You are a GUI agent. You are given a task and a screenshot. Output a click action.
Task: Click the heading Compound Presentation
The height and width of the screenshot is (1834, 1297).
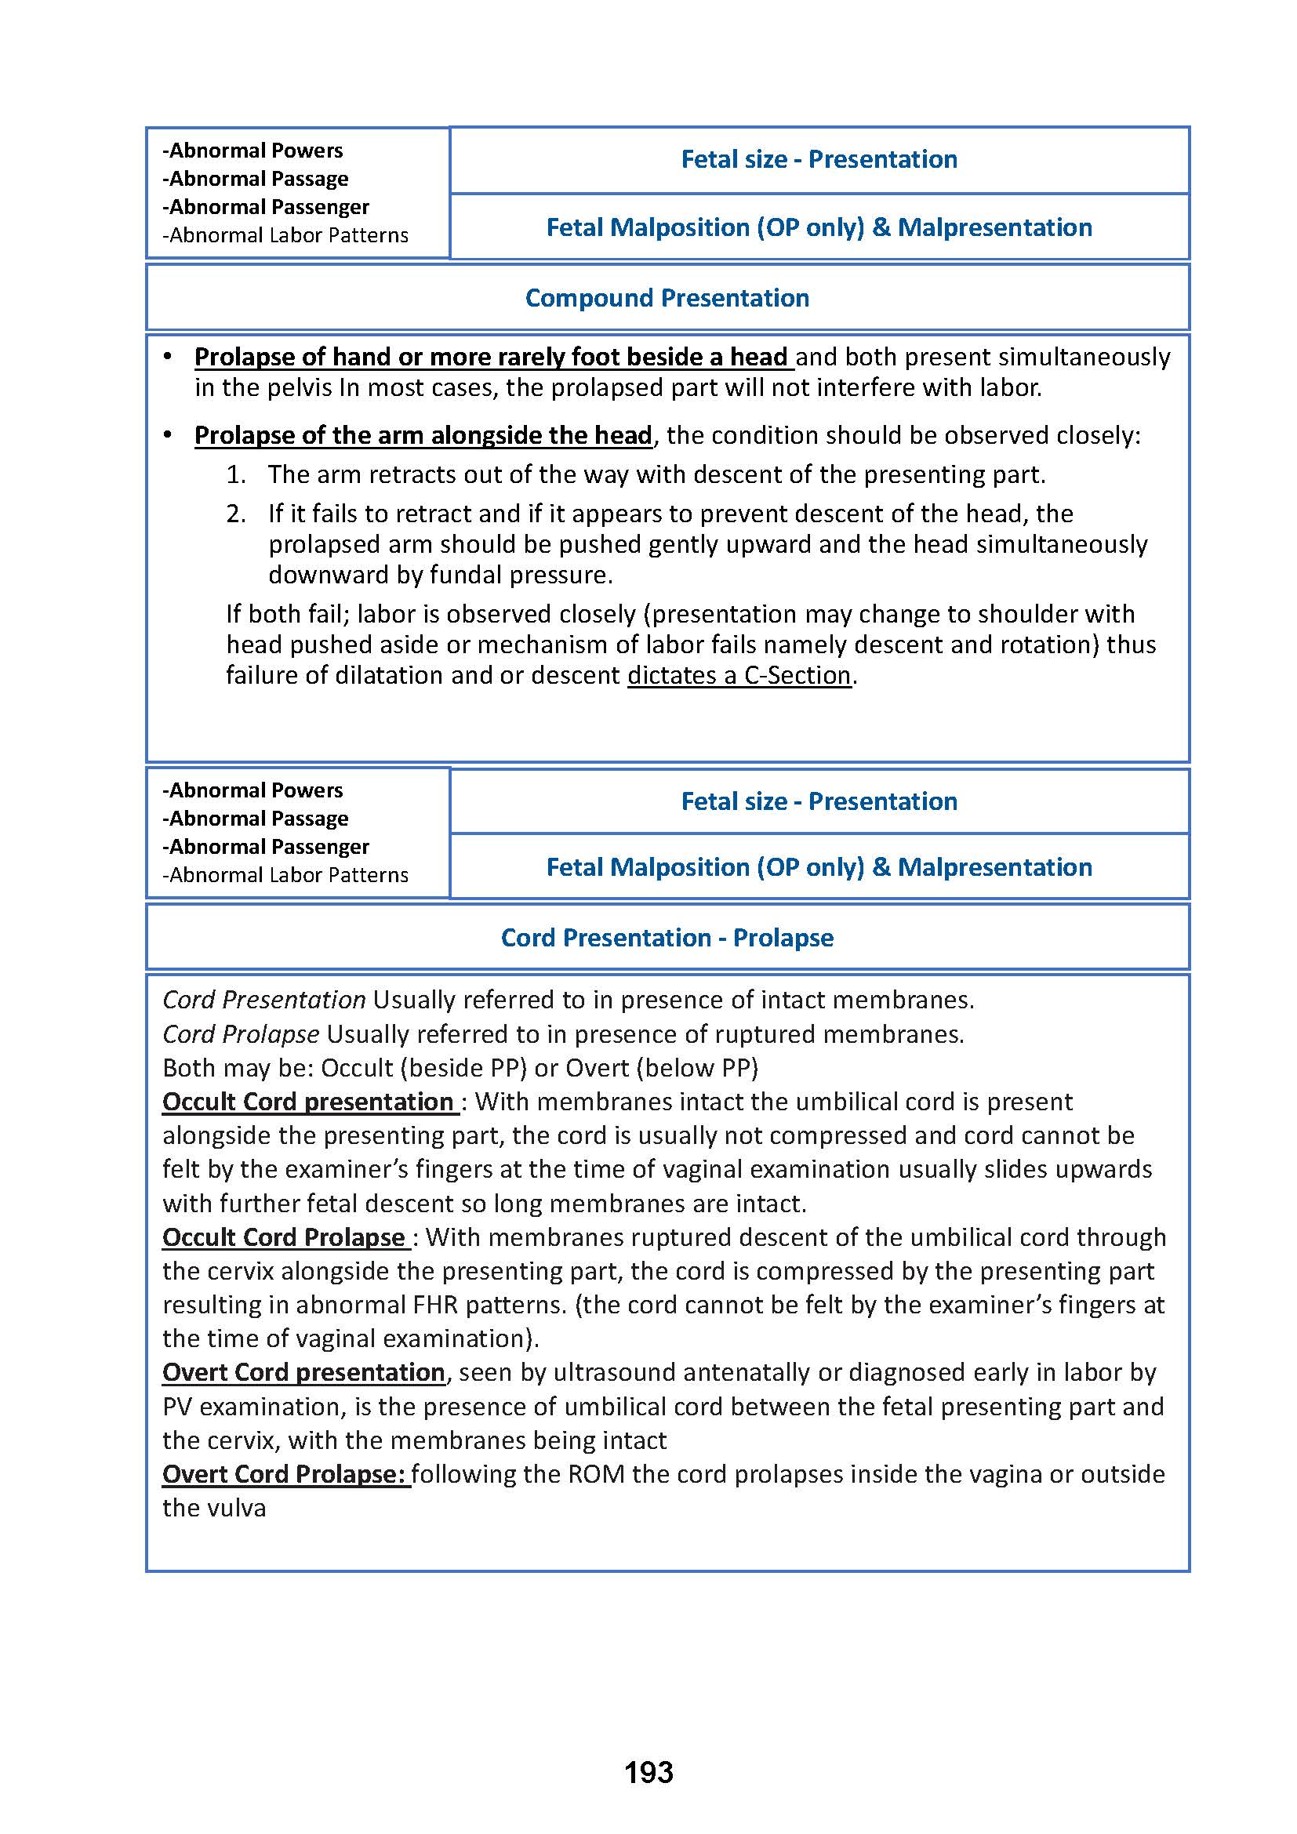(667, 298)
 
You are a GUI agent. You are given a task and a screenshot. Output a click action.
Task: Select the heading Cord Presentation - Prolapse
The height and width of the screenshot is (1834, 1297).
(667, 937)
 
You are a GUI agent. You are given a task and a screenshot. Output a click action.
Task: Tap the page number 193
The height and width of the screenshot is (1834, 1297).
(648, 1773)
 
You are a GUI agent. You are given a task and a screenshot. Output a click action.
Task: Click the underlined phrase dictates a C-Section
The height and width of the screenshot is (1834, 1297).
(739, 675)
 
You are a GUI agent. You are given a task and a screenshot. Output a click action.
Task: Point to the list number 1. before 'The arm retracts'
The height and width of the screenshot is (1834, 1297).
(235, 474)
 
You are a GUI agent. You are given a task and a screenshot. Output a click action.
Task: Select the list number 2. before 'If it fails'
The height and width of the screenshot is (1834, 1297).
(235, 514)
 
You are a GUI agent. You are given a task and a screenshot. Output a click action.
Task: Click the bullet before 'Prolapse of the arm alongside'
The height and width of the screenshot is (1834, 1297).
(168, 434)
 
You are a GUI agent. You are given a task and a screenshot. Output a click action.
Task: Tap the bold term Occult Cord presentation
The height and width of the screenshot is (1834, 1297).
(308, 1102)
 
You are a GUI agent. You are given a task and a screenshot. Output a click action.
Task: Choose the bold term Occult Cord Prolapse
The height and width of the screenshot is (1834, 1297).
(285, 1237)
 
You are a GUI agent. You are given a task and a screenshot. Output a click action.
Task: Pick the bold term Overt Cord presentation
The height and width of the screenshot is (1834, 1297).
(303, 1372)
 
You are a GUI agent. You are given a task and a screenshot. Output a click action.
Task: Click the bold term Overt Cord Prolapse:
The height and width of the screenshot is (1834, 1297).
(285, 1474)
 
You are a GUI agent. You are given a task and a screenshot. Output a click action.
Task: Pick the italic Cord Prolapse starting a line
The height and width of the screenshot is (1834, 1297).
(241, 1034)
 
